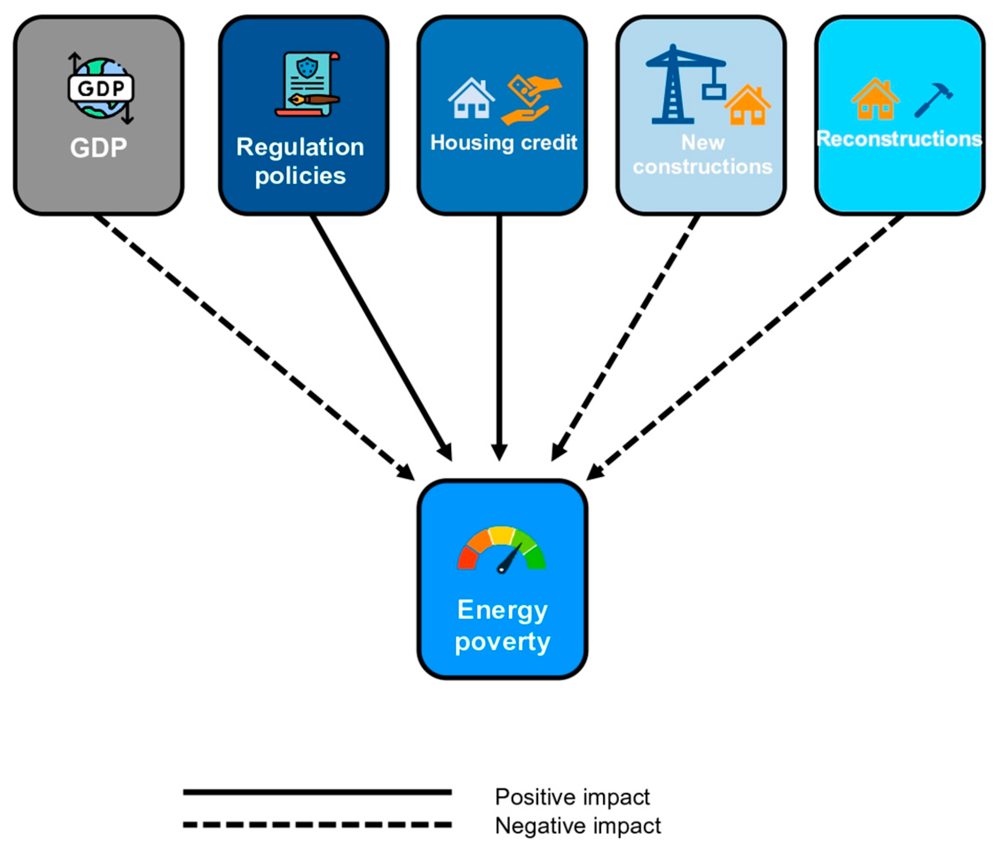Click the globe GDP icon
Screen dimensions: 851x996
point(101,88)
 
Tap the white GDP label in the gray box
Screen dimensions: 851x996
point(98,148)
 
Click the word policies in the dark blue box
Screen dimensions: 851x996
point(300,176)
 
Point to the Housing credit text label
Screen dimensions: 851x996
point(503,143)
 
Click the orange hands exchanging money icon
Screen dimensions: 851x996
point(530,100)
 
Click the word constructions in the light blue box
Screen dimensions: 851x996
point(702,167)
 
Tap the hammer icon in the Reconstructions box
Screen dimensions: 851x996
point(933,100)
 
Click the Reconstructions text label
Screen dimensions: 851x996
point(899,139)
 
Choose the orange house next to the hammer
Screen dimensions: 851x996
point(875,99)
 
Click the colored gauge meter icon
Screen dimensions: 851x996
point(502,549)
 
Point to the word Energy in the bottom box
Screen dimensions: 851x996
point(502,610)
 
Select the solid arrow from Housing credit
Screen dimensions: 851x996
point(499,336)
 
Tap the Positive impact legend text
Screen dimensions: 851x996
point(572,797)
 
